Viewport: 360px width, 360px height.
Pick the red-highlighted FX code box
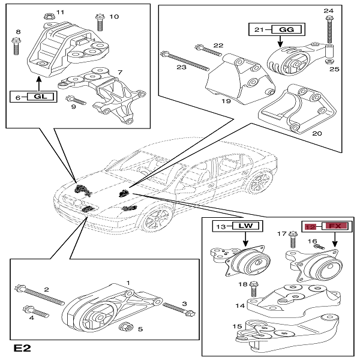coord(336,226)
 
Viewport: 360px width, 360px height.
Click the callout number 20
coord(316,133)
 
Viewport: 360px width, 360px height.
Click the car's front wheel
coord(157,219)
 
